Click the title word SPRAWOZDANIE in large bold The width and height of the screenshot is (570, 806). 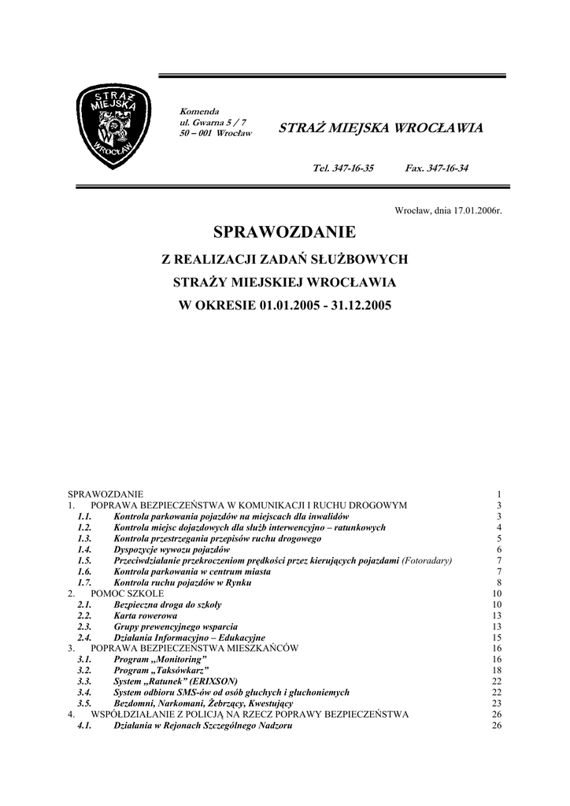tap(285, 232)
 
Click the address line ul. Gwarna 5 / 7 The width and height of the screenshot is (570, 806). tap(213, 122)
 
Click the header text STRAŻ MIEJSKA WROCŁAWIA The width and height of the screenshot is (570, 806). tap(381, 128)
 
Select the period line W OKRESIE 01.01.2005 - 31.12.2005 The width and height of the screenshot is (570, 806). tap(285, 305)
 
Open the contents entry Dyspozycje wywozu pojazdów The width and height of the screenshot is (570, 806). tap(172, 549)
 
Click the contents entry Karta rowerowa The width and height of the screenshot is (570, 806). tap(146, 615)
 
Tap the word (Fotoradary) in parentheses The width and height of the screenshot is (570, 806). tap(432, 560)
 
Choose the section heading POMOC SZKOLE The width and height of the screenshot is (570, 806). tap(128, 593)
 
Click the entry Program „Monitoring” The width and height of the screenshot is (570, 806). tap(160, 659)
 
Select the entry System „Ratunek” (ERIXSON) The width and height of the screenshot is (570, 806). tap(176, 681)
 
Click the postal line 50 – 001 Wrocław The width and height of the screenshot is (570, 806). tap(216, 134)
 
